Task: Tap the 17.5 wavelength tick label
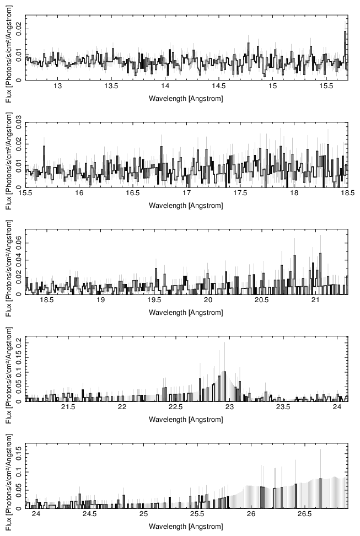coord(240,194)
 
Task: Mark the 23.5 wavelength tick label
coord(283,408)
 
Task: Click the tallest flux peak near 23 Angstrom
coord(224,372)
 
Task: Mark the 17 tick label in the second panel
coord(186,194)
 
